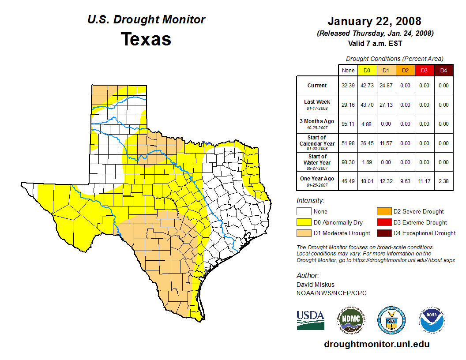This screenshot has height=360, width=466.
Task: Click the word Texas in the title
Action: [x=146, y=39]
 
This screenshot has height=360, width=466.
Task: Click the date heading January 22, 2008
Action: [x=374, y=21]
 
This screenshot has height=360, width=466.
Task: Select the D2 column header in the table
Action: [x=405, y=70]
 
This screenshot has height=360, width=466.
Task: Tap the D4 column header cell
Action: [x=443, y=70]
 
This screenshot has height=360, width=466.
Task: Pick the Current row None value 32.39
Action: [x=348, y=86]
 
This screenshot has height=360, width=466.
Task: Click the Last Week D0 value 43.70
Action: [x=366, y=105]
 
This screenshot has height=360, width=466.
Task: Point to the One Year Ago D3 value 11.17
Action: [x=424, y=182]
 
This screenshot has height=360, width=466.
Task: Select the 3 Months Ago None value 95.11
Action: [x=348, y=124]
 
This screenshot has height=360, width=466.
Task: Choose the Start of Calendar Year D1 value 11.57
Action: [x=386, y=143]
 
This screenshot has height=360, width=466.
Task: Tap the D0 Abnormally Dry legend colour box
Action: [x=304, y=222]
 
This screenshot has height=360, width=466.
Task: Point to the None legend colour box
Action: [x=304, y=212]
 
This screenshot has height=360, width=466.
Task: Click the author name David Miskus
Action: [x=316, y=285]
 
